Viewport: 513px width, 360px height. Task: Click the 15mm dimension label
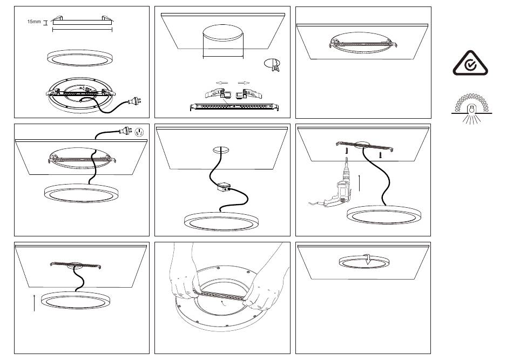pos(34,22)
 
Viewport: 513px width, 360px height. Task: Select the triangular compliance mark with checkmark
pos(470,64)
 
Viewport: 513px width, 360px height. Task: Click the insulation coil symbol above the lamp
pos(471,103)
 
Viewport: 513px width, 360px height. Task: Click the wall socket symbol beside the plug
pos(139,132)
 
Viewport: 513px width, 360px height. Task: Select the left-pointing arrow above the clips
pos(221,83)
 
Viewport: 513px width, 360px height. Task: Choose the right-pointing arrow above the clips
pos(244,83)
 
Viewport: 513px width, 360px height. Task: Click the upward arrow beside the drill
pos(359,183)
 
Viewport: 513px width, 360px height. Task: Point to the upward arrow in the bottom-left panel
pos(35,302)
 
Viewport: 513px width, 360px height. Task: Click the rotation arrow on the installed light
pos(368,259)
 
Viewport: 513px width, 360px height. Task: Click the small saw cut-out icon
pos(273,65)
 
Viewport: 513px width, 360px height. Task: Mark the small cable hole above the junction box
pos(221,150)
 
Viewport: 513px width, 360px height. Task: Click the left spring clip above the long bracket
pos(215,93)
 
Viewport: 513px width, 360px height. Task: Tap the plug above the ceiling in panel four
pos(125,132)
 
